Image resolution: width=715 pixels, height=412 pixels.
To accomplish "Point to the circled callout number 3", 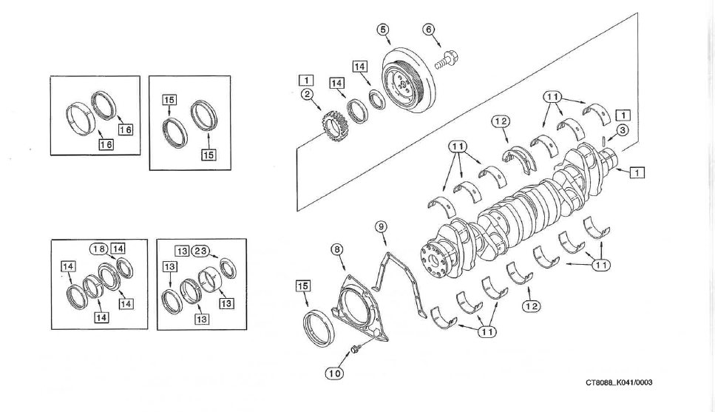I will coord(623,130).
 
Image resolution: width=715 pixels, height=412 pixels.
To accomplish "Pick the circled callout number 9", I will coord(381,227).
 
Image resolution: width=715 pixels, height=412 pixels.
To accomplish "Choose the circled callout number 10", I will coord(333,374).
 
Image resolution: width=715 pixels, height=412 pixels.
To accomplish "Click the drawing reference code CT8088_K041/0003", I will coord(619,382).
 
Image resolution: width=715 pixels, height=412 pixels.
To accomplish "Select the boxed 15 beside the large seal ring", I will coord(303,286).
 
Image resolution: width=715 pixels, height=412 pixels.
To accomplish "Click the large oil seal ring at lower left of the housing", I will coord(319,328).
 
